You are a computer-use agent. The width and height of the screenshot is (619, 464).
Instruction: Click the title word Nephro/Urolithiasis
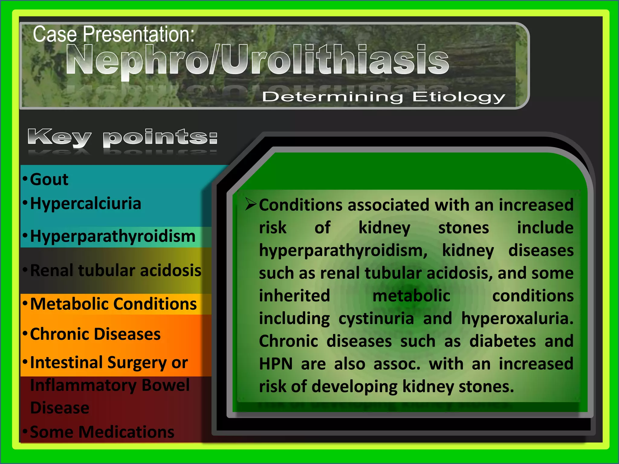pos(257,60)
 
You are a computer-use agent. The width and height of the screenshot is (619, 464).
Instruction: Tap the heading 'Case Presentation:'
pos(113,34)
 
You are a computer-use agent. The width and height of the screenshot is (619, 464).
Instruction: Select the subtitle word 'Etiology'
pos(459,97)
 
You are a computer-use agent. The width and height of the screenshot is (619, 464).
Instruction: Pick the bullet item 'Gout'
pos(49,179)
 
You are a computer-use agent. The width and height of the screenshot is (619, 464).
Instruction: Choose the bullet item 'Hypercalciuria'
pos(86,203)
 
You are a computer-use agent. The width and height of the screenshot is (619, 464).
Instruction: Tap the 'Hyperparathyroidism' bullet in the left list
pos(112,236)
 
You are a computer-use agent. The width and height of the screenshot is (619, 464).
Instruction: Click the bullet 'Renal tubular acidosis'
pos(115,270)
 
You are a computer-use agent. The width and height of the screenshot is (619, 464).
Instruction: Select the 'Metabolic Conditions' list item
pos(113,304)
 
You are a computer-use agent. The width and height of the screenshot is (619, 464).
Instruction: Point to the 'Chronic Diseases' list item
pos(95,334)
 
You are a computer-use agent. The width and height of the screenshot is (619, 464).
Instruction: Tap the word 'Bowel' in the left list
pos(166,385)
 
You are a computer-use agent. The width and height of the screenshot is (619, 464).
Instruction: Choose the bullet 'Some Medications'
pos(102,432)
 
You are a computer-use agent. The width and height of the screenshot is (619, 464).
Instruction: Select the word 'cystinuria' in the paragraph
pos(376,319)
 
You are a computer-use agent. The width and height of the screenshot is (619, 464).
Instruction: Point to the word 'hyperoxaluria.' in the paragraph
pos(517,319)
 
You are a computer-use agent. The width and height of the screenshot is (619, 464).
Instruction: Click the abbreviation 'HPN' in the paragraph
pos(276,364)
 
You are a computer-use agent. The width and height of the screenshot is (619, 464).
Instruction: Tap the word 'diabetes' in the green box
pos(502,341)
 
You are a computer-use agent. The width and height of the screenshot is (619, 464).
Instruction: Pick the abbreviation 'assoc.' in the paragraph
pos(397,364)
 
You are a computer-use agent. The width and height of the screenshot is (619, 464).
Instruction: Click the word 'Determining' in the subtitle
pos(332,97)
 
